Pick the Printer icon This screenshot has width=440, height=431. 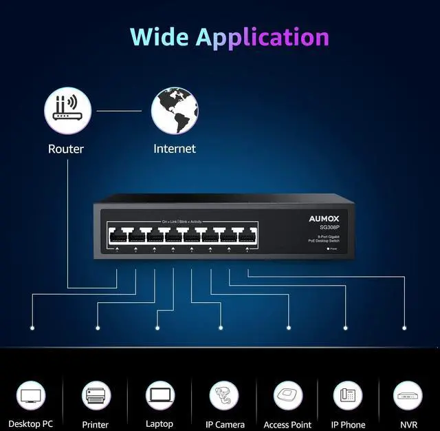pyautogui.click(x=96, y=396)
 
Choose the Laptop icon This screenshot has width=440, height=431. pyautogui.click(x=159, y=396)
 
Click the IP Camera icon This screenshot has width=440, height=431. pyautogui.click(x=224, y=396)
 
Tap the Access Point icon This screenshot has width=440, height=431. pyautogui.click(x=288, y=396)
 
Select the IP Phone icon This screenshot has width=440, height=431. pyautogui.click(x=348, y=396)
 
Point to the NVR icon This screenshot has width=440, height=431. pyautogui.click(x=408, y=396)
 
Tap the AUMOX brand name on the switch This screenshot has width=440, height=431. pyautogui.click(x=324, y=219)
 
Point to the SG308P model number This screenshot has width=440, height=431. pyautogui.click(x=329, y=227)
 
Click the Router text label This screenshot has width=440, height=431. pyautogui.click(x=66, y=149)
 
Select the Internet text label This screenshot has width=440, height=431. pyautogui.click(x=175, y=149)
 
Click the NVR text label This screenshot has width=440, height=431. pyautogui.click(x=408, y=425)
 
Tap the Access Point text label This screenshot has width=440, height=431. pyautogui.click(x=288, y=425)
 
